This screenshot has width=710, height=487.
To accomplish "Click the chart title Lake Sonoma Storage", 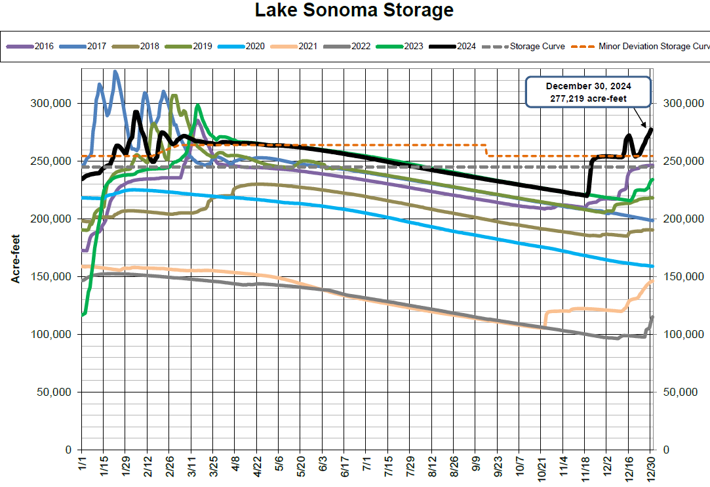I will (x=354, y=11).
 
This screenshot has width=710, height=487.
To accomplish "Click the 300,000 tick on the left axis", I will (x=52, y=104).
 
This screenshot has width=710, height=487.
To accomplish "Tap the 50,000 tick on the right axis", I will (x=680, y=392).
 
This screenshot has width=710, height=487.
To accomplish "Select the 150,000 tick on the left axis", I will (x=52, y=277).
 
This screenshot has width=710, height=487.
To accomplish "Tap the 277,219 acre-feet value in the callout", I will (x=588, y=98).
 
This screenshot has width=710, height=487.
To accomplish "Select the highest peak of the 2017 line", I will (x=115, y=72).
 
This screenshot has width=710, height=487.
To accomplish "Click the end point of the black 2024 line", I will (x=651, y=129).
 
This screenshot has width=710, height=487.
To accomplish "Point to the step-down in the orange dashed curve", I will (x=486, y=151).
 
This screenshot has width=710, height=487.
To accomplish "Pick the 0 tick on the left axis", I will (x=68, y=450).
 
